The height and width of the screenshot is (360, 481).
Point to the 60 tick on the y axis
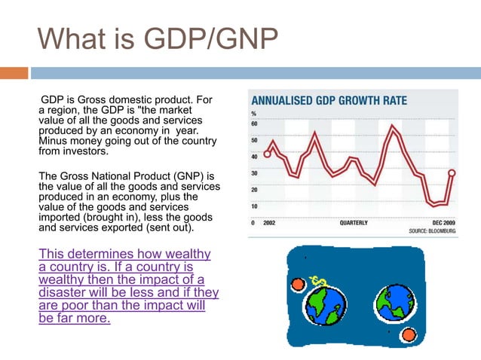click(255, 124)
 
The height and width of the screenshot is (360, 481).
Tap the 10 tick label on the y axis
click(255, 206)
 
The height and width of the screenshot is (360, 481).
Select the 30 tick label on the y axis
click(255, 172)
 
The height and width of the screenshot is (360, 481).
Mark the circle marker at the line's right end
click(452, 172)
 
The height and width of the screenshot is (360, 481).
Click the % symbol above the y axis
click(253, 114)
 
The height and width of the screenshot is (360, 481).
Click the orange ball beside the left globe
click(297, 284)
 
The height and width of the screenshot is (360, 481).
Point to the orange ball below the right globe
click(409, 334)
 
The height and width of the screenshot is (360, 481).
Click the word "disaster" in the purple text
click(63, 292)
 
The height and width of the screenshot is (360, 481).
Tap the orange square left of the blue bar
click(14, 73)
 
